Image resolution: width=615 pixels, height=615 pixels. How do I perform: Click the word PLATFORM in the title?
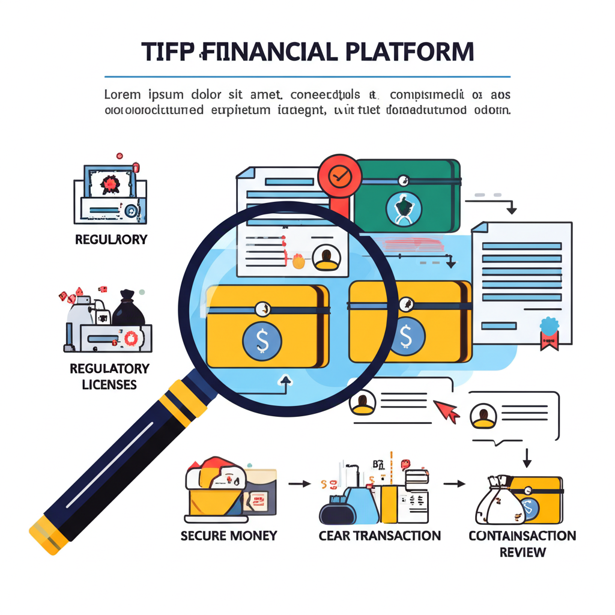click(x=410, y=52)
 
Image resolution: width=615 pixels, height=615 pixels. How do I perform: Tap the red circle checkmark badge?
click(x=341, y=174)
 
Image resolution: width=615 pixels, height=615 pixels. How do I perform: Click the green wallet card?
click(x=407, y=195)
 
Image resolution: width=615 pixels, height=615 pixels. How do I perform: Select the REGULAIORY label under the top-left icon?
click(x=111, y=240)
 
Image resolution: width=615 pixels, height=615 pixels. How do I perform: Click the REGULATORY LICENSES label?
click(x=109, y=376)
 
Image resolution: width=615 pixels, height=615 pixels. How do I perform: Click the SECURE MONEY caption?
click(x=229, y=535)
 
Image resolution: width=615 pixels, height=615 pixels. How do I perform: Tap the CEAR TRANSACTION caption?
click(x=380, y=535)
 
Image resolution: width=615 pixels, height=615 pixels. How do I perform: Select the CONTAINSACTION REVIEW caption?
click(x=522, y=543)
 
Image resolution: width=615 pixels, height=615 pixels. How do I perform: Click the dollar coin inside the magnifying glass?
click(x=262, y=340)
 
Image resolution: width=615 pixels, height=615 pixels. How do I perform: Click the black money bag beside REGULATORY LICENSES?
click(x=127, y=309)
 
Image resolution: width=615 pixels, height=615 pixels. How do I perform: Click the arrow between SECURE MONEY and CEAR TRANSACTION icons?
click(x=299, y=482)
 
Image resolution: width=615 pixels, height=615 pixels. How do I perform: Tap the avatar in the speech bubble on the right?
click(x=483, y=415)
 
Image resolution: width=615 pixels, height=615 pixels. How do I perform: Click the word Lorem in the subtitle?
click(x=123, y=95)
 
